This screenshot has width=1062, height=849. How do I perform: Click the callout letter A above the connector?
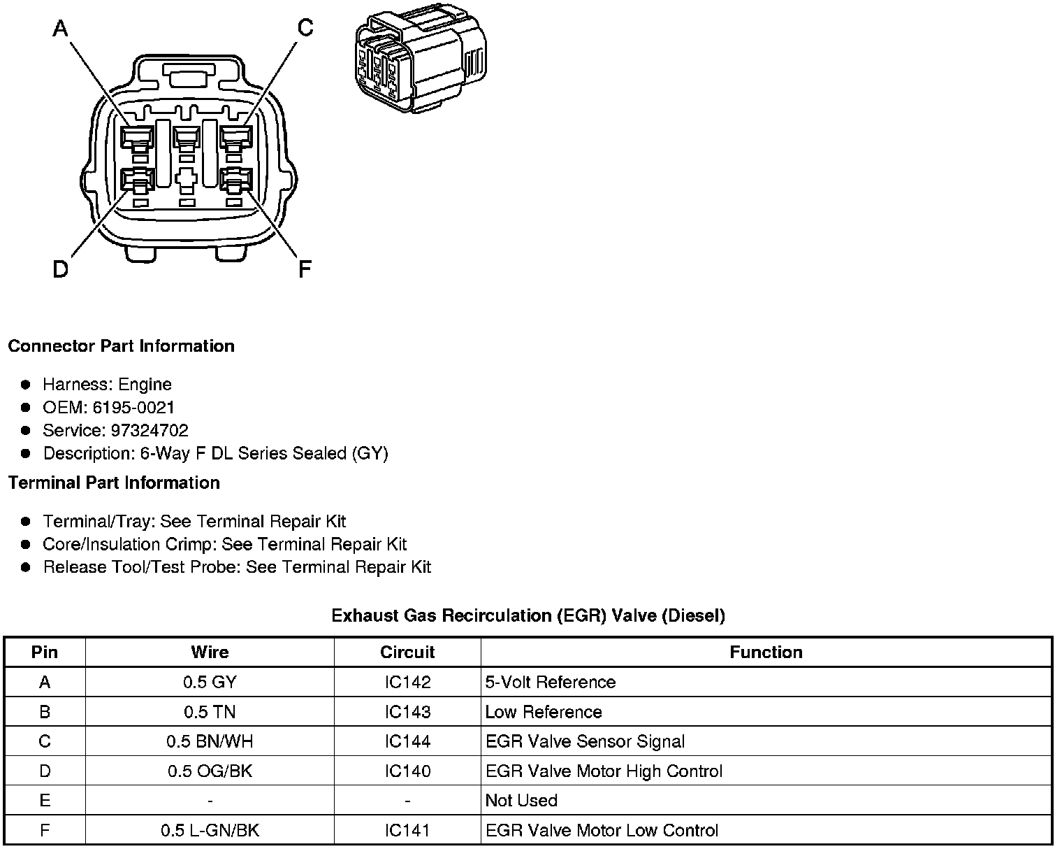[x=61, y=29]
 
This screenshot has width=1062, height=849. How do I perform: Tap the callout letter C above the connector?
[x=305, y=28]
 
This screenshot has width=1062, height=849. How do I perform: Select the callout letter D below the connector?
[x=61, y=269]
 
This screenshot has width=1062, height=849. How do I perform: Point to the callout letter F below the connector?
[x=305, y=269]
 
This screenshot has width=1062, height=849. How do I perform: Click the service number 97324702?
[x=149, y=430]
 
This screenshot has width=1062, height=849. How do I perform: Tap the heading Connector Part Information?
[x=121, y=346]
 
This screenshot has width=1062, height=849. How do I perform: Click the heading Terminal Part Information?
[x=114, y=483]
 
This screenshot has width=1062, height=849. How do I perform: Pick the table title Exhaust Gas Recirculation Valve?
[x=528, y=615]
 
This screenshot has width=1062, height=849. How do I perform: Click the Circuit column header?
[x=407, y=652]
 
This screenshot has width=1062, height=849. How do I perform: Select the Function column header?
[x=766, y=652]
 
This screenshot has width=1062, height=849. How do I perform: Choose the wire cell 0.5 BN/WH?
[x=210, y=741]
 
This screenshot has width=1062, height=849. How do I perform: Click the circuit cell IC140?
[x=407, y=771]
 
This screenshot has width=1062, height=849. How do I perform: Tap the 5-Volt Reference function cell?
[x=551, y=682]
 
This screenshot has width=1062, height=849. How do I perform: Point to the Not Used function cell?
[x=521, y=801]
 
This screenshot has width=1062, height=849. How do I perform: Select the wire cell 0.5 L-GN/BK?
[x=210, y=830]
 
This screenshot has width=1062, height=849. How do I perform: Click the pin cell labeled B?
[x=45, y=712]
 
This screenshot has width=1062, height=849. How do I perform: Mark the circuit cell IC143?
[x=407, y=712]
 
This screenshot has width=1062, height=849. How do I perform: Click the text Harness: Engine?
[x=107, y=384]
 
